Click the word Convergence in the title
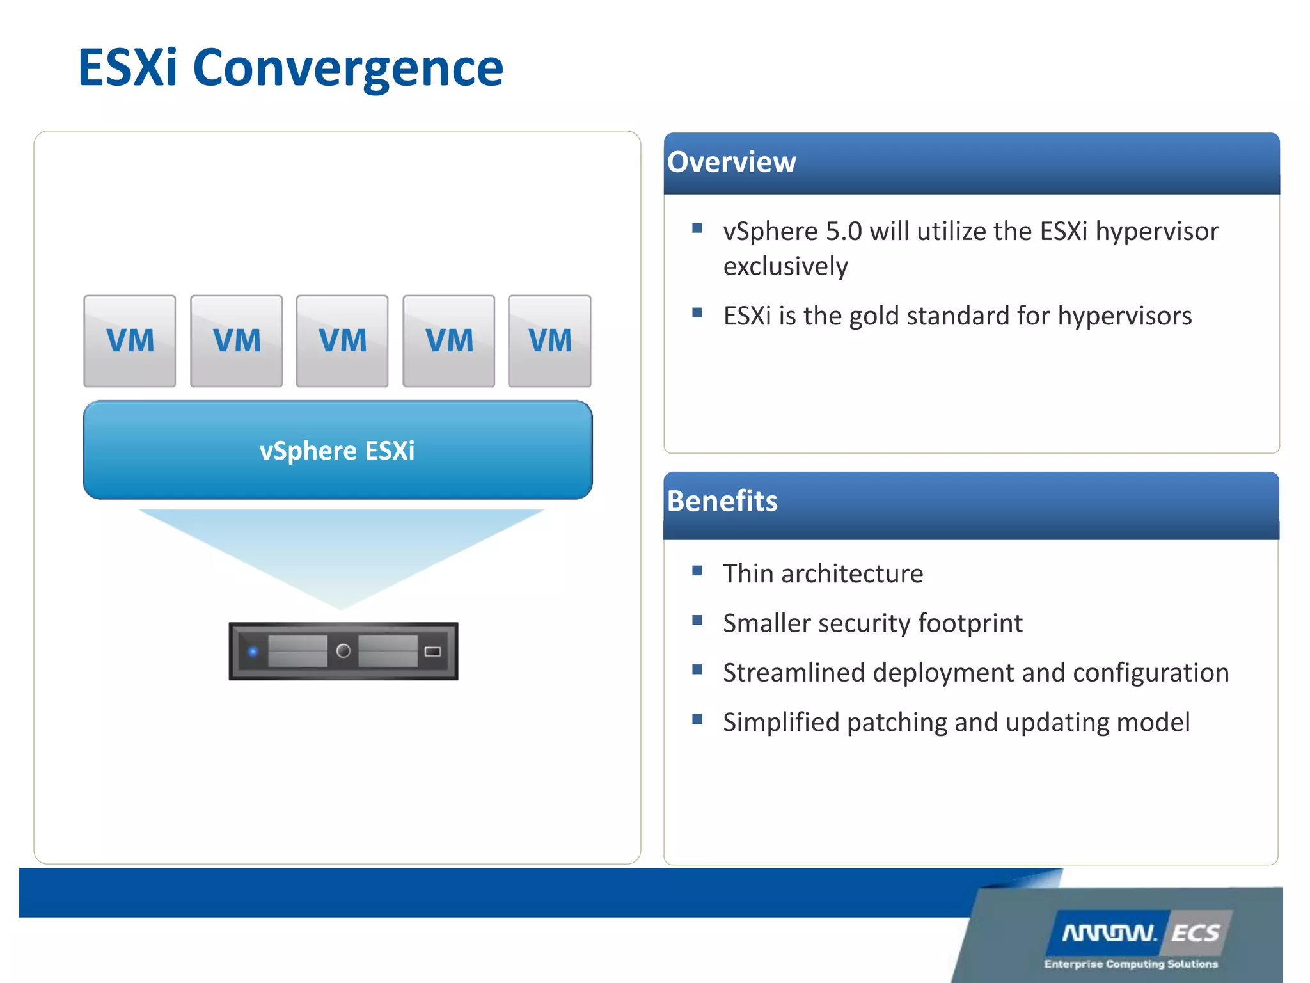(348, 68)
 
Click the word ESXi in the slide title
(127, 68)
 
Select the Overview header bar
(971, 163)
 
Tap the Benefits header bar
(971, 504)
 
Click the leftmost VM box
(130, 340)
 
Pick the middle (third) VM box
(342, 340)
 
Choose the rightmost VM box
(549, 340)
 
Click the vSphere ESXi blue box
(337, 450)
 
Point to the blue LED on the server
(253, 651)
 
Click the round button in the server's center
(343, 651)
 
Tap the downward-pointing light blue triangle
(341, 550)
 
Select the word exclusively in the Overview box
(785, 266)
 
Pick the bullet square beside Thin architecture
(697, 570)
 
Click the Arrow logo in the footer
(1109, 934)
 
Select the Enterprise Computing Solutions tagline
(1131, 964)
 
